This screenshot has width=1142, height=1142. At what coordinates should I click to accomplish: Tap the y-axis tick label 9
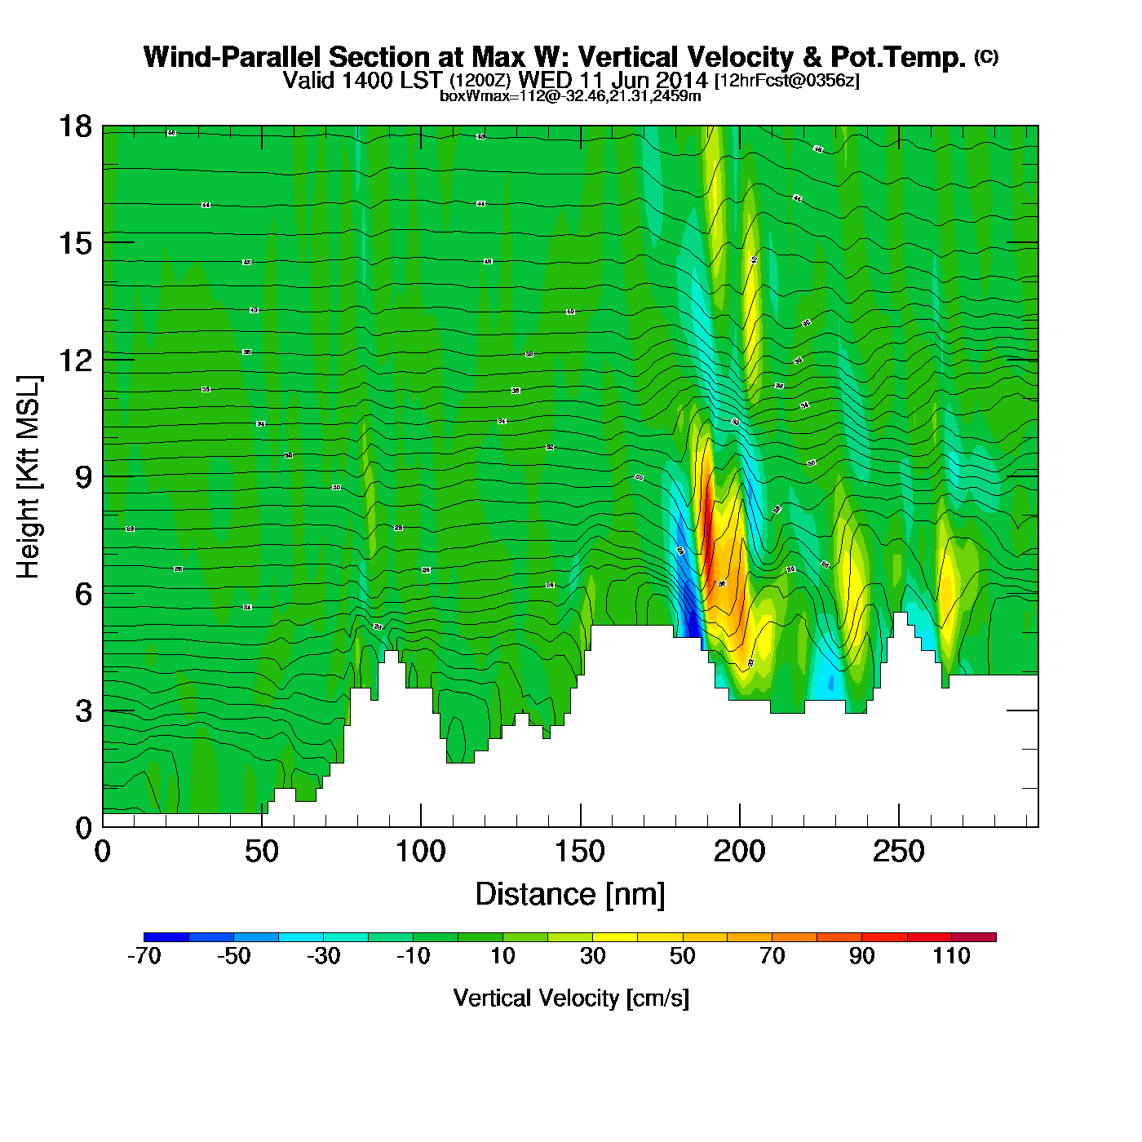pos(83,477)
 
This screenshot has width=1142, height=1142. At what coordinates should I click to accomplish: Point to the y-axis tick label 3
pos(83,711)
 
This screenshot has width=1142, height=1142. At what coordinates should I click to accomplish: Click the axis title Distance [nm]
pos(570,895)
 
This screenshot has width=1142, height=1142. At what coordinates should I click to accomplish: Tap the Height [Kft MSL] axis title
pos(29,477)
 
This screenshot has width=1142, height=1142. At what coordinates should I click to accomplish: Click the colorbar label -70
pos(144,956)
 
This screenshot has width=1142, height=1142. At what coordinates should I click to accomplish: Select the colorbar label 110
pos(951,956)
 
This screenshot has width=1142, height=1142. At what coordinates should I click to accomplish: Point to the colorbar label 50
pos(682,956)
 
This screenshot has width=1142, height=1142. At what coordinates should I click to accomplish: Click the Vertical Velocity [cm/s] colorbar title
pos(571,998)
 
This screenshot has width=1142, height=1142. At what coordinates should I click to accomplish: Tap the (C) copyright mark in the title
pos(986,56)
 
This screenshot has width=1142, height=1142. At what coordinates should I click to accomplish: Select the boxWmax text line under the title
pos(570,95)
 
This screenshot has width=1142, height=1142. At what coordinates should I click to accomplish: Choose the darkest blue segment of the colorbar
pos(166,937)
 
